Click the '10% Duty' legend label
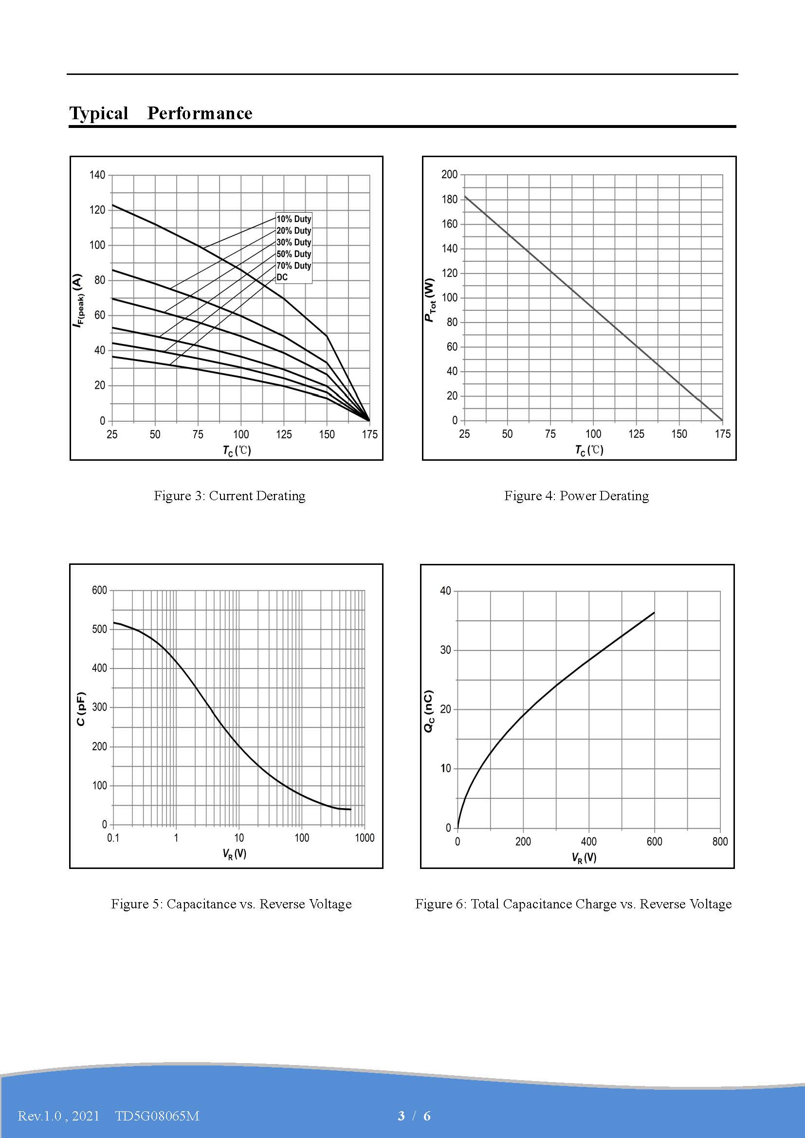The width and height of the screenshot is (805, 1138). (293, 219)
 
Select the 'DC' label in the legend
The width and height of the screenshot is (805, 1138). (282, 277)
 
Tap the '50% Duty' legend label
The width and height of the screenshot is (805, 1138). (293, 254)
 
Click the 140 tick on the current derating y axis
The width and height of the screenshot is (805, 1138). (97, 175)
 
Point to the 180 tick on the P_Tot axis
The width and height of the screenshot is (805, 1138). (449, 199)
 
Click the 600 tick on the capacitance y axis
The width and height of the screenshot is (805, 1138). (99, 590)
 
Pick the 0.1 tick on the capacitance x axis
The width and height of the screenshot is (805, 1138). (113, 838)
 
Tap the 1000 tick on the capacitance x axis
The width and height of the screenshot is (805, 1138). (365, 838)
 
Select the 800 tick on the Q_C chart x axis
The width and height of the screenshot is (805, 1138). (720, 841)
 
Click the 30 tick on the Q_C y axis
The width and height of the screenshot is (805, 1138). (446, 650)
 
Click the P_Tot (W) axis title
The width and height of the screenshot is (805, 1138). (430, 300)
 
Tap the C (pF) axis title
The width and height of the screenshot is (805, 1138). (81, 709)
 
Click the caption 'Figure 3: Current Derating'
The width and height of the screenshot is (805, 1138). (230, 496)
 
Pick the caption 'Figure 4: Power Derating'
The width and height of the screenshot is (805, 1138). (576, 496)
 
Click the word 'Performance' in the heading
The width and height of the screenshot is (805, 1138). (200, 113)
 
